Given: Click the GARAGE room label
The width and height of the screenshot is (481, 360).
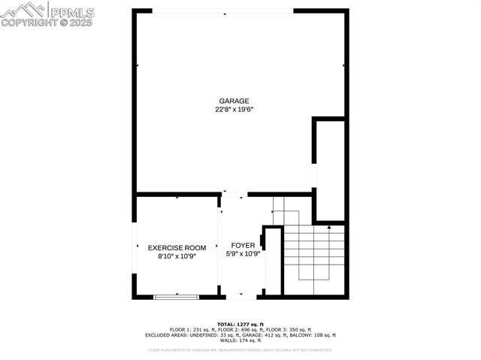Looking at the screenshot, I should [234, 101].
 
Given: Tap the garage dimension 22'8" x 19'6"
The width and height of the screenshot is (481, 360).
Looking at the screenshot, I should [234, 109].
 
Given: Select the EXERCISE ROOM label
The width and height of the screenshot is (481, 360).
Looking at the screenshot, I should [177, 248].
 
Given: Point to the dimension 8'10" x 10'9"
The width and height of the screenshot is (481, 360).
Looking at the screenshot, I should [177, 256].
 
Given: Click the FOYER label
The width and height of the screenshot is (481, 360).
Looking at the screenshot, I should [242, 245].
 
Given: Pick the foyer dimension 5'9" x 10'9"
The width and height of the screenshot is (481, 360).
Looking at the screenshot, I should [242, 254].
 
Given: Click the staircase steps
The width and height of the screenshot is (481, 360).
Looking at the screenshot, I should [313, 252].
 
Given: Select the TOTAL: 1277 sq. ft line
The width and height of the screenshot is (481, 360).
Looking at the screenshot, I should [240, 324].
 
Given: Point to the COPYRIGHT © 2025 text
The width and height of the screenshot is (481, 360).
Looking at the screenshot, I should [47, 23].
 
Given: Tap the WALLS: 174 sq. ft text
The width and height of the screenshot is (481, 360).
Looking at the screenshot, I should [240, 340].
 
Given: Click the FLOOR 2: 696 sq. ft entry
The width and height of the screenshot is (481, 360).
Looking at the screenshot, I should [240, 329].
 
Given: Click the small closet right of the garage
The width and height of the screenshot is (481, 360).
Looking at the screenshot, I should [330, 168].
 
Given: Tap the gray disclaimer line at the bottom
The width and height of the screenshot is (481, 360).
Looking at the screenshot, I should [240, 349].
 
